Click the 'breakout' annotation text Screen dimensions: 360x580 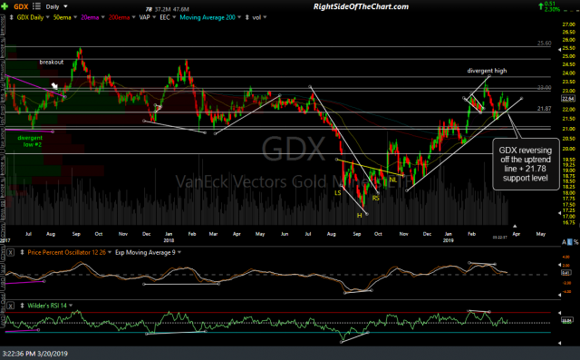[51, 62]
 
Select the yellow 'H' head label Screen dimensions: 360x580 [359, 215]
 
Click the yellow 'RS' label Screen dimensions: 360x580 [375, 197]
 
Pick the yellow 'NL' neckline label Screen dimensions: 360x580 [393, 180]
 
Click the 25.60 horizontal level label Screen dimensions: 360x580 [544, 43]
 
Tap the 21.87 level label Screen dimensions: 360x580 [544, 109]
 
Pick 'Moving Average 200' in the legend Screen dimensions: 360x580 [196, 17]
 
